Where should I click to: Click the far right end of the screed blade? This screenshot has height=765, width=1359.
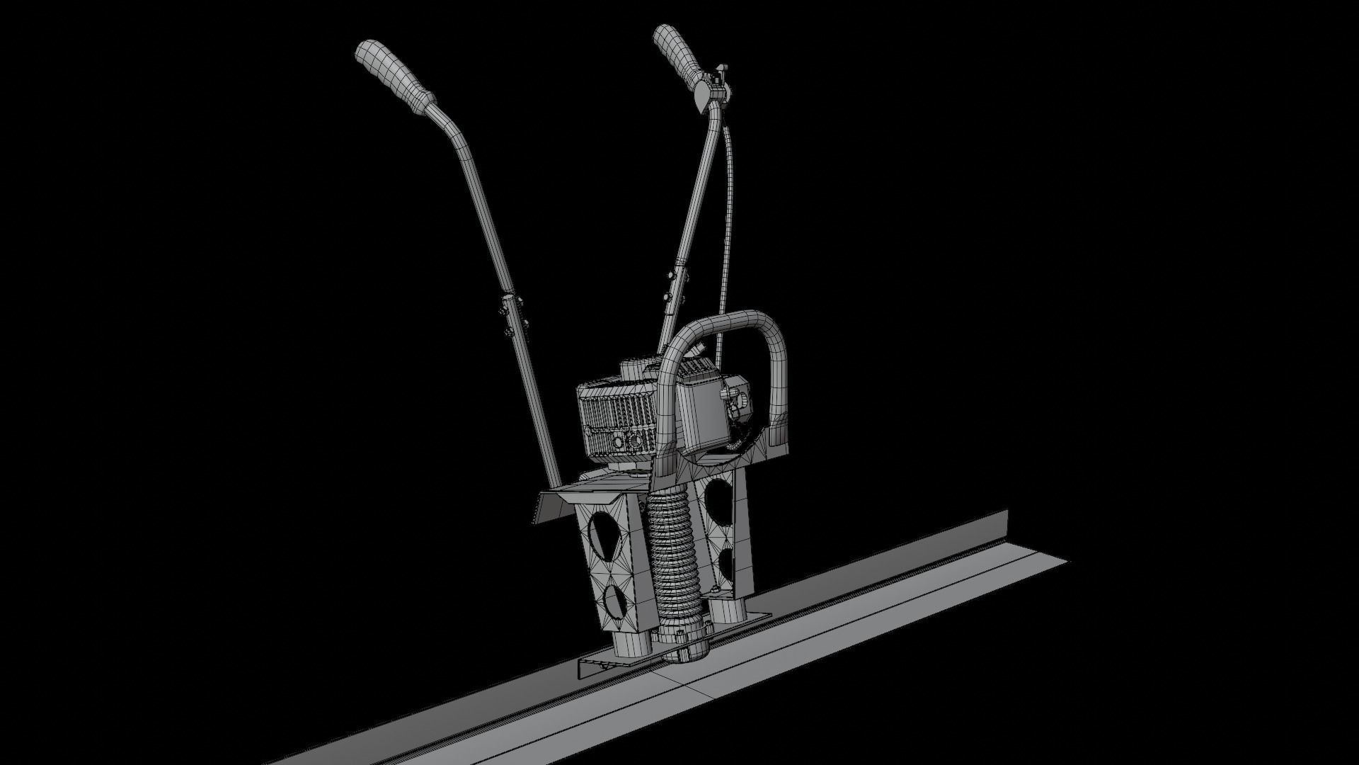(x=1055, y=560)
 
